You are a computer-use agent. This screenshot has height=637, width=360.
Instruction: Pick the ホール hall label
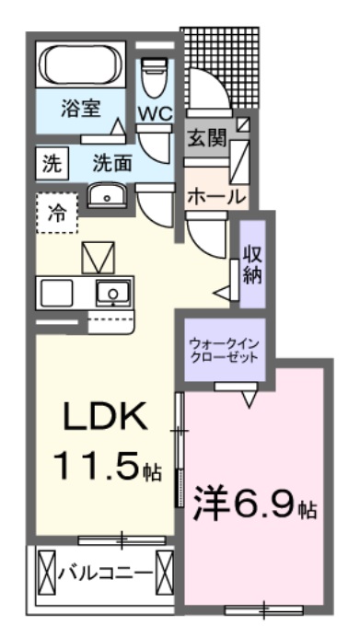click(216, 196)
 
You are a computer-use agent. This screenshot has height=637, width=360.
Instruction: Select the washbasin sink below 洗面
click(110, 195)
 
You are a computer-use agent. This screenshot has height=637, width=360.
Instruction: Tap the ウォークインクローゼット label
click(224, 350)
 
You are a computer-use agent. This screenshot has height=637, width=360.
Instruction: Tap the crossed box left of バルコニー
click(48, 572)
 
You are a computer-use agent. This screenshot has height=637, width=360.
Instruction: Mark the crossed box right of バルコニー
click(166, 571)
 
